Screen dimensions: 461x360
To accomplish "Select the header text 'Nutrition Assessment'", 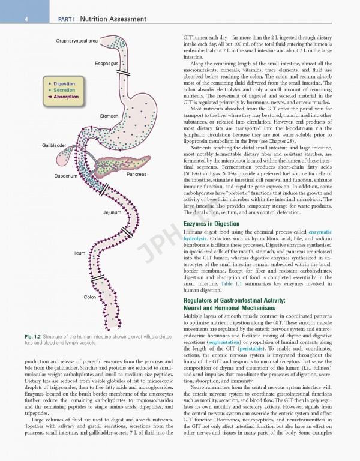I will (112, 20).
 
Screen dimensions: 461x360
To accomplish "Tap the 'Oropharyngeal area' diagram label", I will (77, 41).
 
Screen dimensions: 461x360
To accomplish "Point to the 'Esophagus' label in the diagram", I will (106, 63).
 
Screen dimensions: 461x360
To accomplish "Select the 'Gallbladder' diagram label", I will (54, 146).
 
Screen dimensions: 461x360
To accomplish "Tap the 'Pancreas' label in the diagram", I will (136, 175).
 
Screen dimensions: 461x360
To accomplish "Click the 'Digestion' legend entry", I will (64, 84).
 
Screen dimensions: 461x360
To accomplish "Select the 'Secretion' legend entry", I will (64, 91).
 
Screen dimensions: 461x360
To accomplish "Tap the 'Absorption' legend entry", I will (65, 97).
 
